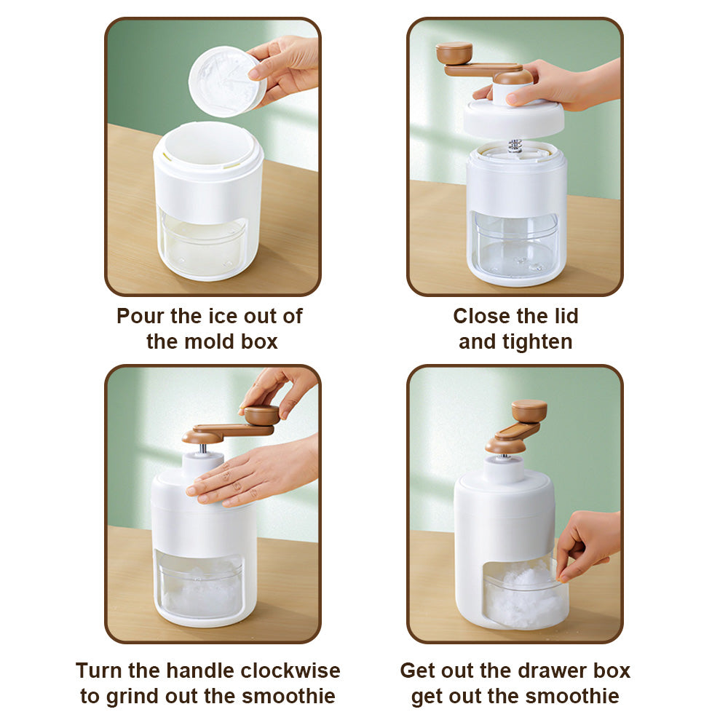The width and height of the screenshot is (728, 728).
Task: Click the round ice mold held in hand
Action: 227,82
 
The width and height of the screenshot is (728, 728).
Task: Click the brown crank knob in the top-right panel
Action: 454,53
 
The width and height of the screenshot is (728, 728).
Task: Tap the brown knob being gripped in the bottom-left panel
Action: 262,415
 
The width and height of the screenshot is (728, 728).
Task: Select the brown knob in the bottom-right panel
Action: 529,411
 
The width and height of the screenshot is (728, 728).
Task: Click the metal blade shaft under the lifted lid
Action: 515,146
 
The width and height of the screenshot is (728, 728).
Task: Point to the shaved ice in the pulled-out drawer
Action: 525,592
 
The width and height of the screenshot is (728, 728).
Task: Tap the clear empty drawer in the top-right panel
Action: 515,244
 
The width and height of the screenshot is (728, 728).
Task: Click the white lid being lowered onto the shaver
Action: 513,117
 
